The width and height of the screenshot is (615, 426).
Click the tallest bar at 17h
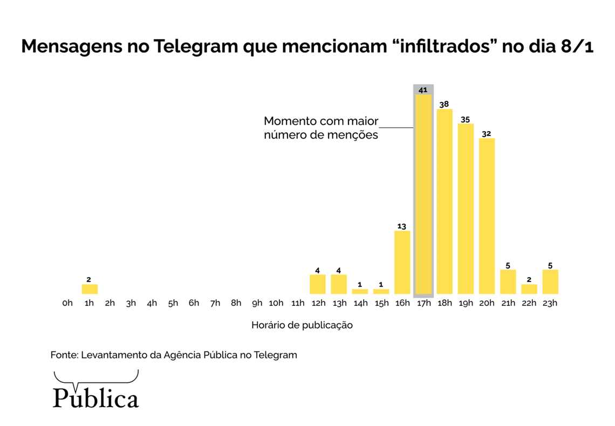coord(423,194)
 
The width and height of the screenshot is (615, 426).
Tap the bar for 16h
coord(402,262)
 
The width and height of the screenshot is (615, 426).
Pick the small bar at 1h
coord(90,289)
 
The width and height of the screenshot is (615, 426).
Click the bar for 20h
coord(487,216)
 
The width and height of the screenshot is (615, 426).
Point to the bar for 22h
coord(529,289)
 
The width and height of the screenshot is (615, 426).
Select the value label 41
coord(423,90)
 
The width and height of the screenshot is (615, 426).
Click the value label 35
coord(466,119)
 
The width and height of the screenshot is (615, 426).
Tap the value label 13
coord(402,226)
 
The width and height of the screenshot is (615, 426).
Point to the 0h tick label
coord(67,303)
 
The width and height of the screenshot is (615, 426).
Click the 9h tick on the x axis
coord(257,303)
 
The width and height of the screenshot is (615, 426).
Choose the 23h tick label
coord(550,303)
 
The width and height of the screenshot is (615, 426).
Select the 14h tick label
coord(360,303)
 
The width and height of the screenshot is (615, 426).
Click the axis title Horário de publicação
coord(302,325)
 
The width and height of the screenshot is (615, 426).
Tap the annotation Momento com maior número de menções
coord(321,128)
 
